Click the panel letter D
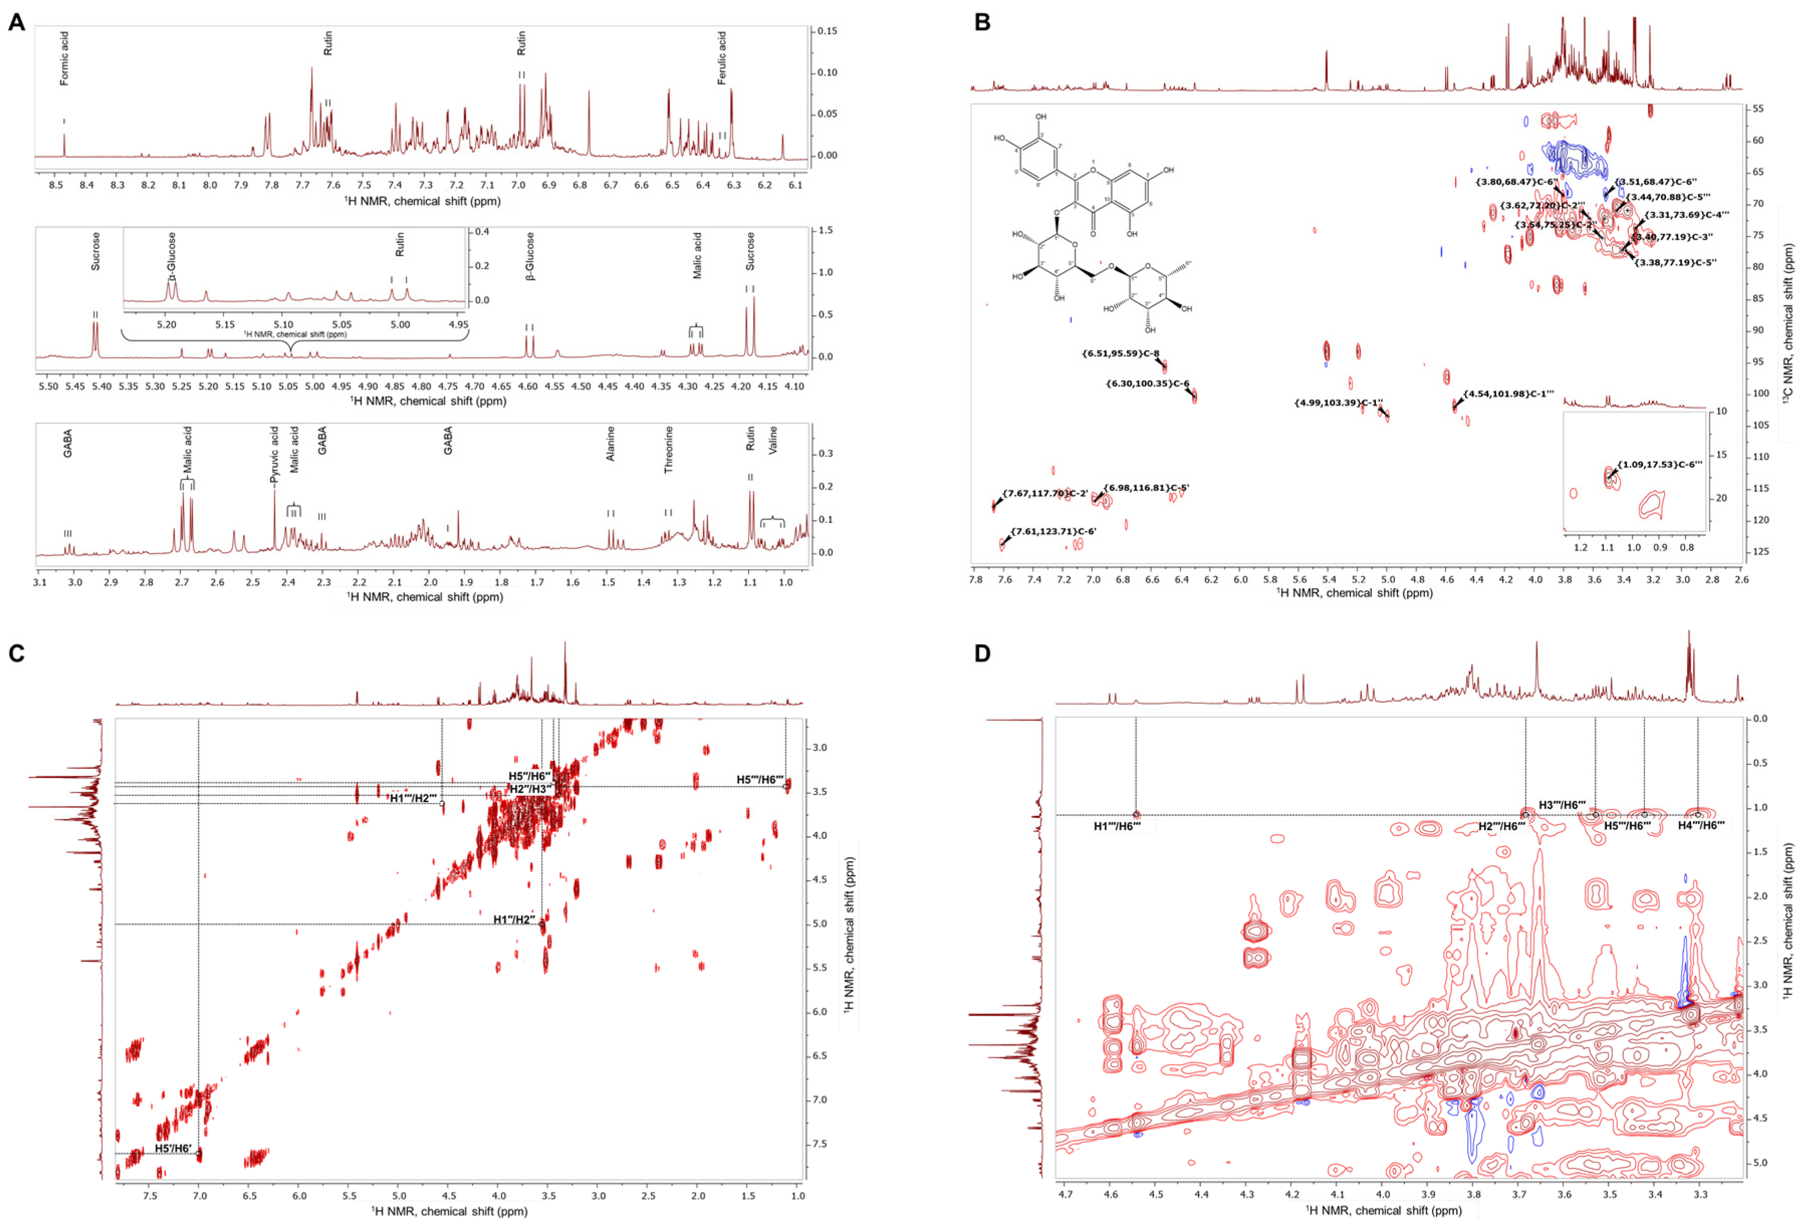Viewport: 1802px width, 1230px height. coord(982,653)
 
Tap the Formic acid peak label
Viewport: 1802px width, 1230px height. coord(64,58)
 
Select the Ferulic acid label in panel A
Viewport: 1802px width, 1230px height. coord(722,58)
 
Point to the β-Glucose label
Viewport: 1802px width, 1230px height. coord(531,256)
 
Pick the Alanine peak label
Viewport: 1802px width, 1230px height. coord(610,443)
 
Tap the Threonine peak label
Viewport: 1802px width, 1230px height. coord(669,450)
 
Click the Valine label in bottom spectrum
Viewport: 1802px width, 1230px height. coord(773,440)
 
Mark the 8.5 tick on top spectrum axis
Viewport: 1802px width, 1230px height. coord(56,185)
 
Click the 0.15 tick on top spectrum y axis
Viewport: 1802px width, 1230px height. coord(827,32)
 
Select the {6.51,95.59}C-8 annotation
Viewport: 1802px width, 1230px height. coord(1120,353)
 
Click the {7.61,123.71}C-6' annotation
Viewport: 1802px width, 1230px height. coord(1053,531)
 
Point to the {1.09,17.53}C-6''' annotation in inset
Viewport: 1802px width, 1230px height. coord(1659,465)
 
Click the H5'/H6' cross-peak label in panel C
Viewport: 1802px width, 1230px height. coord(173,1148)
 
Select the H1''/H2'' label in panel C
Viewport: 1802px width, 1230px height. coord(514,920)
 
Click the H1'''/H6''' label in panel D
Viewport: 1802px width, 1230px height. coord(1116,826)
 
